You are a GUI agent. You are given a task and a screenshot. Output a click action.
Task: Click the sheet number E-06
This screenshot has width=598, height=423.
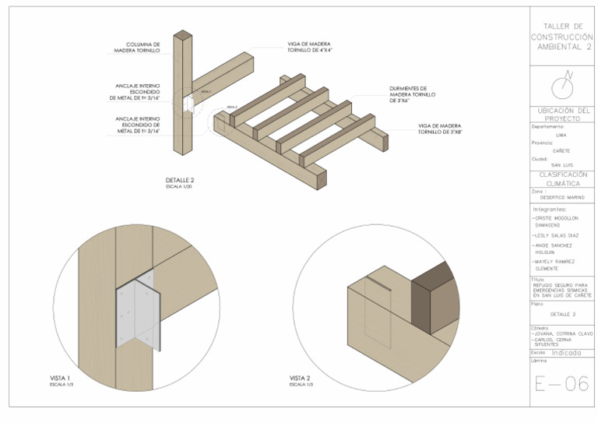561,385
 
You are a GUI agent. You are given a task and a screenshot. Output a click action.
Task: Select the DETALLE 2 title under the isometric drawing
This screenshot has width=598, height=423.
180,180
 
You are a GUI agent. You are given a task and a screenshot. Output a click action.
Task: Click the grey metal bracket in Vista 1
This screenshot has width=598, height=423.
137,313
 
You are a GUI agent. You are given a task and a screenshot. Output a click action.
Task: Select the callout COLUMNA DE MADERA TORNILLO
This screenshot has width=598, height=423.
140,48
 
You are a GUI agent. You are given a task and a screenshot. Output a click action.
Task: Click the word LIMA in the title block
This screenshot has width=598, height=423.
561,135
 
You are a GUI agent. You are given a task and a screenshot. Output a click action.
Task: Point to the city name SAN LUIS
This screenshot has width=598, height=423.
561,165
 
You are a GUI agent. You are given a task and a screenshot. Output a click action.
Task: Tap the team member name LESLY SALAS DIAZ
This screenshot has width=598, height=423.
558,234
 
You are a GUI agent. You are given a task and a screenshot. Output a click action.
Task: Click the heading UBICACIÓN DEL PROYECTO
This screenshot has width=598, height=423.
561,115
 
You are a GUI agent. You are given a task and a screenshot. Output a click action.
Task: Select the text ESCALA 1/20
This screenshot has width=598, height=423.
180,187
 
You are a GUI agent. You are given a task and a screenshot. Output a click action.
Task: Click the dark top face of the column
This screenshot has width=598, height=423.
182,35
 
